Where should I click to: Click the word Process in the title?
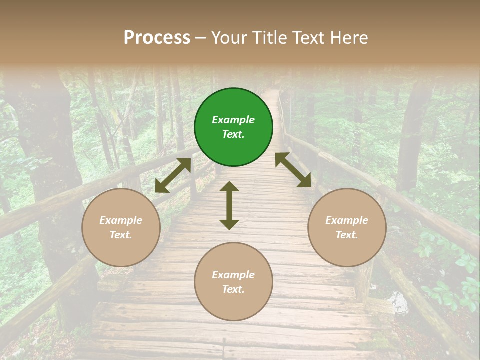click(157, 38)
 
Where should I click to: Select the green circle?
click(233, 127)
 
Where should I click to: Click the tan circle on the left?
click(121, 227)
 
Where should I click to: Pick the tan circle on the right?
click(347, 227)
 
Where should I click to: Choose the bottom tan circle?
click(233, 281)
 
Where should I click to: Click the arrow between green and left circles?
click(173, 175)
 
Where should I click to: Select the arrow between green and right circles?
click(293, 170)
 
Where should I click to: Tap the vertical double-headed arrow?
click(229, 205)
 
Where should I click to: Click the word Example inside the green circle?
click(233, 120)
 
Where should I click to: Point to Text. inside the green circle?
click(233, 134)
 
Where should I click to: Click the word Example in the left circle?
click(121, 220)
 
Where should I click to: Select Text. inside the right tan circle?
click(347, 235)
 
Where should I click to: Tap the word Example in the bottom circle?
click(233, 275)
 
